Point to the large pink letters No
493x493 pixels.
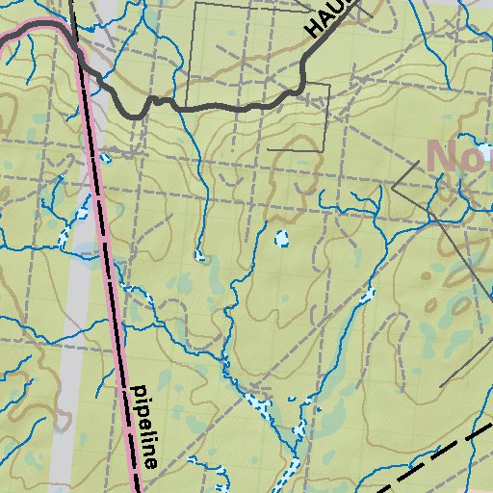[x=457, y=155]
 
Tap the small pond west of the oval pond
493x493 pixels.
[x=201, y=256]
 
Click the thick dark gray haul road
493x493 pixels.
[x=221, y=107]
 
